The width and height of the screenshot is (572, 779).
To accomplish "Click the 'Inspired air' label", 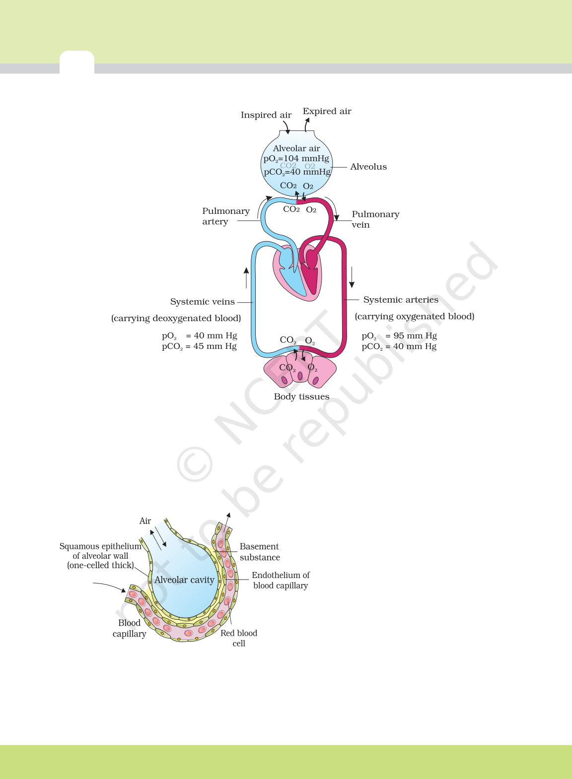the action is tap(266, 115).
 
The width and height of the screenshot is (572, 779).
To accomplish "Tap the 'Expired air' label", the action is tap(327, 111).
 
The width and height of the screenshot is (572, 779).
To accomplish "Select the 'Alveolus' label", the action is tap(368, 167).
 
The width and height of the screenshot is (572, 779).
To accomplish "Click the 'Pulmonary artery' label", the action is tap(226, 216).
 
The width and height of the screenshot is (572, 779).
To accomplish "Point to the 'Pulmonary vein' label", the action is tap(375, 219).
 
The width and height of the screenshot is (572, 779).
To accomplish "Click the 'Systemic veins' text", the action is tap(203, 302).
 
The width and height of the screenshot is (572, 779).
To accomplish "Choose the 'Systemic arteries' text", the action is tap(401, 300).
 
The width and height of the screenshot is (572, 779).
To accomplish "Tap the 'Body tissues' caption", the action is tap(301, 396).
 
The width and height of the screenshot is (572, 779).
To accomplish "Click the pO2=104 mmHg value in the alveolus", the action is tap(296, 159).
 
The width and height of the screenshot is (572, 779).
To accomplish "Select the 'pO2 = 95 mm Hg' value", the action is tap(399, 336).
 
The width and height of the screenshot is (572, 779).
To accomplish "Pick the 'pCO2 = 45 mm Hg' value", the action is tap(199, 346).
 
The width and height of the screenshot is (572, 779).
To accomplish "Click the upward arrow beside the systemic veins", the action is tap(246, 278).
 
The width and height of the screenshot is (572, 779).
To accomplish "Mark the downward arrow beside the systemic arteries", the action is tap(352, 277).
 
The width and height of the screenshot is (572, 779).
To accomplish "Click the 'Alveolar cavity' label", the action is tap(184, 580).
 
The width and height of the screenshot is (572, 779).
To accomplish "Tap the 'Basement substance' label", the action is tap(260, 552).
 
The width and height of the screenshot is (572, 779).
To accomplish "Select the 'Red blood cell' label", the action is tap(239, 638).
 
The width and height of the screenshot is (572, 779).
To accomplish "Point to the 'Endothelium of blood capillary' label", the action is tap(281, 580).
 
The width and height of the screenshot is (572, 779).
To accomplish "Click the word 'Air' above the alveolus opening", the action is tap(145, 521).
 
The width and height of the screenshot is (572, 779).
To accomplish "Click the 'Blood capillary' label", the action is tap(129, 629).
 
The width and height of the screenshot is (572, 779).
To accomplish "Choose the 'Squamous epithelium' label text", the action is tap(100, 546).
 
